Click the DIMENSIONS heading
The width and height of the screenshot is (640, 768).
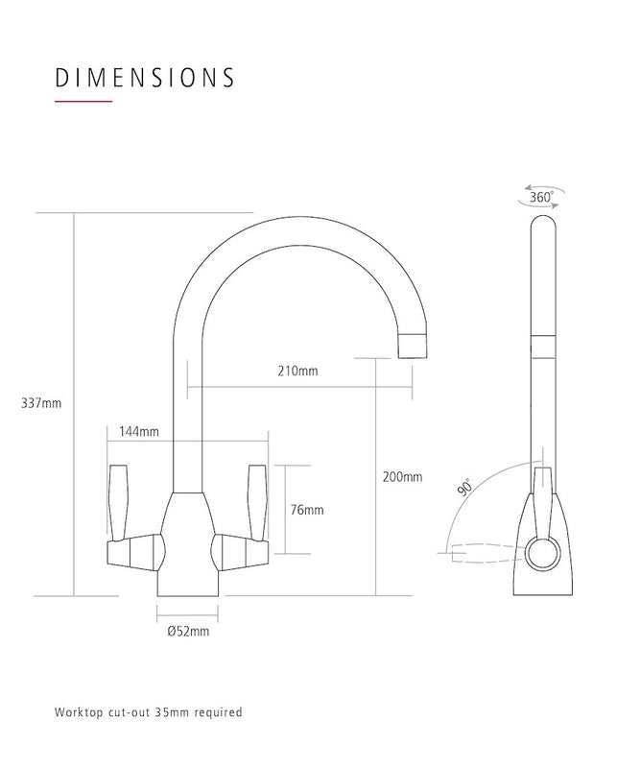(x=144, y=77)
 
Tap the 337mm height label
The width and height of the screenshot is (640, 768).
(x=40, y=403)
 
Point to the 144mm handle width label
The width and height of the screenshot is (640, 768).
(x=139, y=432)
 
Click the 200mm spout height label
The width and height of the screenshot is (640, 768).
(x=402, y=476)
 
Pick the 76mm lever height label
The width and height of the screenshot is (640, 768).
(x=307, y=510)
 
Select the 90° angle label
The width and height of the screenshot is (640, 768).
(x=466, y=488)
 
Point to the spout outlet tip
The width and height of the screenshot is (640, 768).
(x=411, y=344)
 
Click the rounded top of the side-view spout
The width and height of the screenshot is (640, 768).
(x=542, y=226)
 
